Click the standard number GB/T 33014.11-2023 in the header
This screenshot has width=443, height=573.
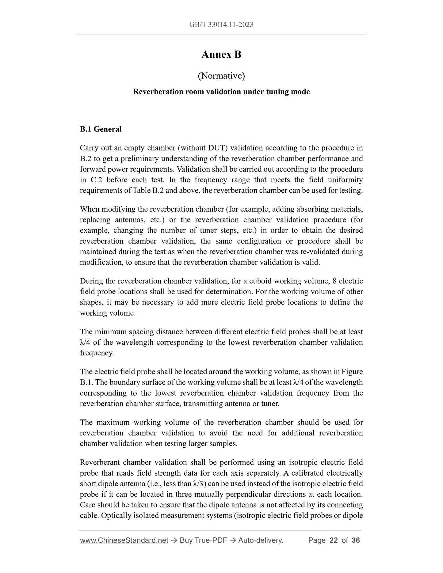click(x=221, y=25)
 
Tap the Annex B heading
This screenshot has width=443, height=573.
click(x=221, y=55)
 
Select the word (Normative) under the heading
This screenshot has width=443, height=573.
click(x=221, y=75)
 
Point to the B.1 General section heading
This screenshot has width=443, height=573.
click(x=101, y=129)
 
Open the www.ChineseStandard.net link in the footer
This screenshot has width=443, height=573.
click(x=124, y=540)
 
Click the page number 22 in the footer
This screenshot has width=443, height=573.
click(x=333, y=540)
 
